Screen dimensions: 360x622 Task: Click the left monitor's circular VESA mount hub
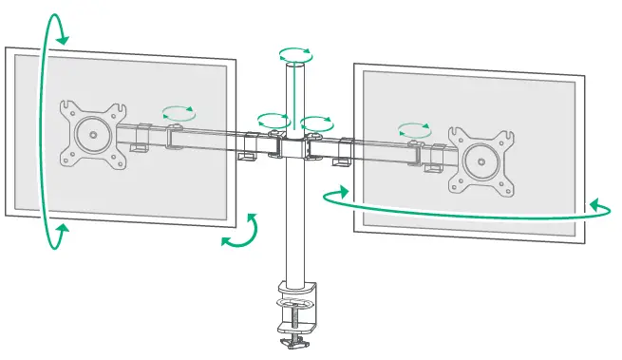[x=92, y=134]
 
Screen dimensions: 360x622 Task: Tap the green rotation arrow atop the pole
[x=295, y=54]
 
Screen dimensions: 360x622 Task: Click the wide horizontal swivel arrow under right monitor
[x=465, y=205]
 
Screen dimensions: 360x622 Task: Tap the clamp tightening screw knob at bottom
[x=295, y=338]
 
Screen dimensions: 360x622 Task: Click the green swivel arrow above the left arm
[x=176, y=113]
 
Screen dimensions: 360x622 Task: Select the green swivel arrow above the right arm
[x=414, y=128]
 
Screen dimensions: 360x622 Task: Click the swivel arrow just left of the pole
[x=273, y=121]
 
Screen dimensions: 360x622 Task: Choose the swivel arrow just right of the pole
[x=316, y=123]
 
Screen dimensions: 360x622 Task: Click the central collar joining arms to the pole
[x=295, y=148]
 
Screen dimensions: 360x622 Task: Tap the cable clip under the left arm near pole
[x=250, y=152]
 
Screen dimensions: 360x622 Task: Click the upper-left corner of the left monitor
[x=8, y=48]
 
